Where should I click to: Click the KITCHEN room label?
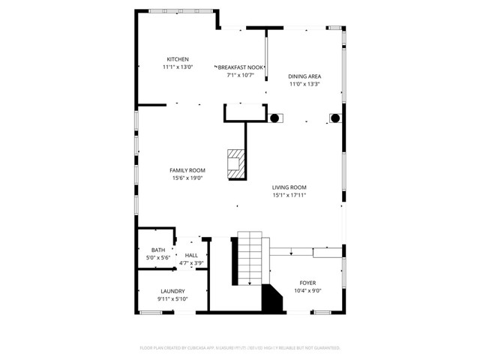click(178, 59)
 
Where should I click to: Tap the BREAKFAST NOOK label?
click(241, 67)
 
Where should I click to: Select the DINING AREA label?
click(304, 76)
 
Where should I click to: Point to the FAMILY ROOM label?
click(187, 170)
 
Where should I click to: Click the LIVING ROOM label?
click(289, 187)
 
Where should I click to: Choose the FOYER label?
click(308, 283)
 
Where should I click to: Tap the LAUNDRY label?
click(172, 291)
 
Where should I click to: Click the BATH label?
click(158, 250)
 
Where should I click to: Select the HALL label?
click(192, 256)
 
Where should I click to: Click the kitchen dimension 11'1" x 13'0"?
click(178, 67)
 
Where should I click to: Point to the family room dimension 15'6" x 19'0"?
click(187, 178)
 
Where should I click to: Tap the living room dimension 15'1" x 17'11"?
click(289, 195)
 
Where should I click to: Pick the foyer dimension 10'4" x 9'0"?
click(308, 290)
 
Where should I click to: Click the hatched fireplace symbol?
click(236, 164)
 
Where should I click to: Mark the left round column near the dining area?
click(274, 118)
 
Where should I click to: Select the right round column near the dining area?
click(335, 118)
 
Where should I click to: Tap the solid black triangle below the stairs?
click(271, 300)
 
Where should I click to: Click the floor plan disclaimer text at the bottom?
click(240, 348)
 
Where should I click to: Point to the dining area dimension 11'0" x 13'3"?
click(304, 84)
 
